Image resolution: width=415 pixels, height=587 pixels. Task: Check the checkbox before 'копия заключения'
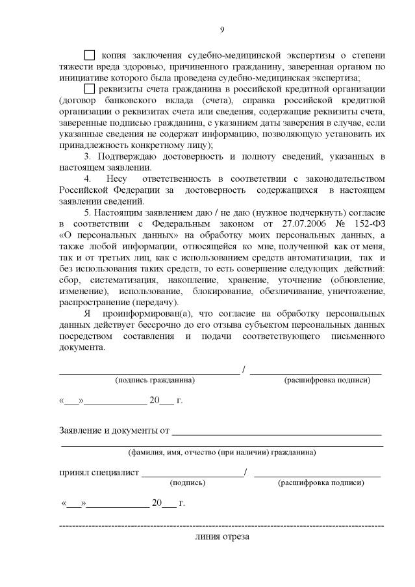90,55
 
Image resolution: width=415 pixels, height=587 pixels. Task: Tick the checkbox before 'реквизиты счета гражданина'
90,89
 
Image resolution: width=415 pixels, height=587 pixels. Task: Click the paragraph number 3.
88,156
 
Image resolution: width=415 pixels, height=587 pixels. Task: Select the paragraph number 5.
88,213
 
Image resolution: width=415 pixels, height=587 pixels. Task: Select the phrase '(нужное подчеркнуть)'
309,213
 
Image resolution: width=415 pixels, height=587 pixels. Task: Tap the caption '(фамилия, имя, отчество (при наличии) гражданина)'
222,452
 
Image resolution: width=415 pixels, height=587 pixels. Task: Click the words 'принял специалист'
99,472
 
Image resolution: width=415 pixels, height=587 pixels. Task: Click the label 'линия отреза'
221,537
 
